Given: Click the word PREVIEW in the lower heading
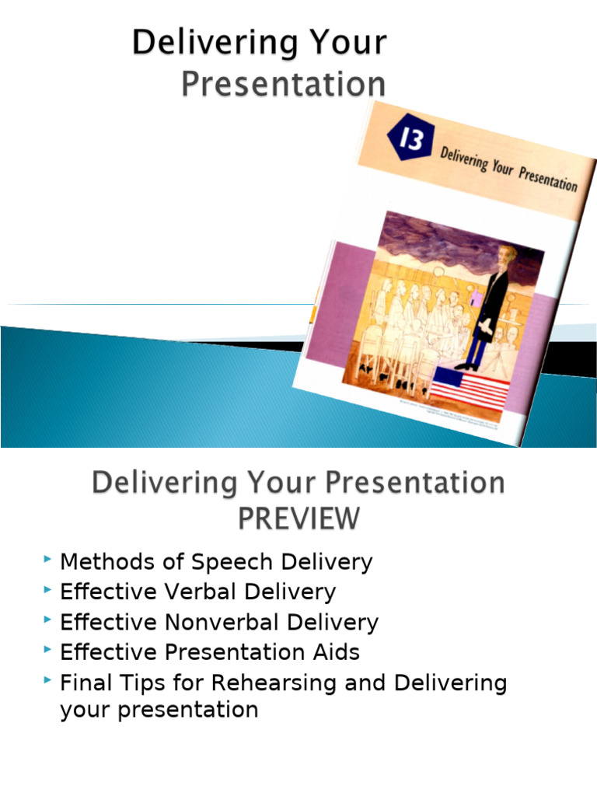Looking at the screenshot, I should point(298,518).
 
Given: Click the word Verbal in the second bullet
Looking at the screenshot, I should point(200,592).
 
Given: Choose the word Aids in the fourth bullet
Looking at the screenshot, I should point(336,653).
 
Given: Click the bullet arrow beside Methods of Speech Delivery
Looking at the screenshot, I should point(49,560).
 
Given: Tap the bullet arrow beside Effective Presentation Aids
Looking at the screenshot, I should point(49,651).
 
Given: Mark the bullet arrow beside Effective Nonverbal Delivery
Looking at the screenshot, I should point(49,620).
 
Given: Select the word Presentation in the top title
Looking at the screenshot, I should point(283,84).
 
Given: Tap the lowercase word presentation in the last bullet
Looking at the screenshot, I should point(159,710).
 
